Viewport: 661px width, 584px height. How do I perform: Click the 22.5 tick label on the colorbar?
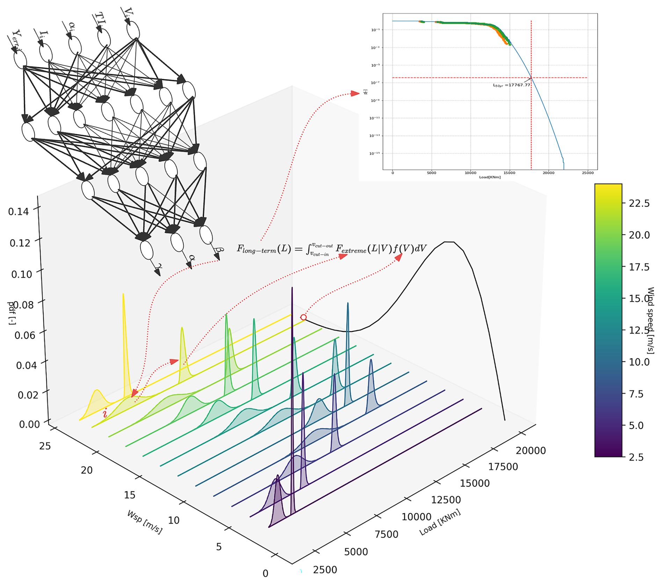click(639, 203)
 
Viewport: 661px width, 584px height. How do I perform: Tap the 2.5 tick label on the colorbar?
click(636, 457)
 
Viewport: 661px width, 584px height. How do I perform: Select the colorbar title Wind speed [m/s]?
click(650, 320)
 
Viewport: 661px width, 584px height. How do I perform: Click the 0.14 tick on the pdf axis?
click(19, 212)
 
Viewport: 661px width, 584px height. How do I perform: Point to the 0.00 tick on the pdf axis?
click(29, 424)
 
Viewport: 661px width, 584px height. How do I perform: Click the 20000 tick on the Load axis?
click(531, 451)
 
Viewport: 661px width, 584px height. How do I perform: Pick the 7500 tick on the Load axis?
click(386, 534)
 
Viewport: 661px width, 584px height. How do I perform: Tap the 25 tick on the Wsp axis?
click(45, 446)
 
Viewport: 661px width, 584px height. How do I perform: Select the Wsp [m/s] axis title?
click(145, 522)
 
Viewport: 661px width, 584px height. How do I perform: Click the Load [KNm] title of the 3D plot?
click(440, 522)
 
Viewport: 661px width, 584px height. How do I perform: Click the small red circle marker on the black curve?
click(303, 317)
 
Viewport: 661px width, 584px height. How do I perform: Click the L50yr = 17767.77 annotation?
click(511, 85)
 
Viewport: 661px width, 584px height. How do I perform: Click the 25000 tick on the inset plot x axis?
click(587, 173)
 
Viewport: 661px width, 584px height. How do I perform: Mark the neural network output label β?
click(219, 250)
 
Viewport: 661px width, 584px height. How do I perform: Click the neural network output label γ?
click(159, 267)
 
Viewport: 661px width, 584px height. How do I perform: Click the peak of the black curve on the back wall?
click(449, 242)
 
